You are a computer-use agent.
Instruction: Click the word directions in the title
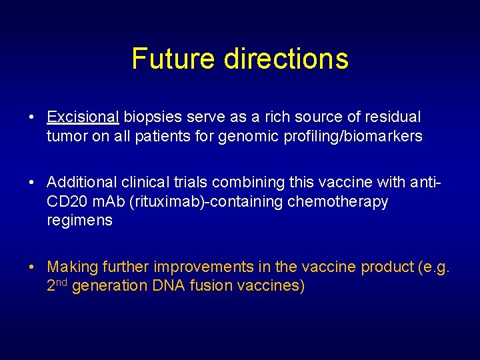click(286, 59)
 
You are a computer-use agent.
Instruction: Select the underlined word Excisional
click(83, 117)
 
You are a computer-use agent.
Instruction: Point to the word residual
click(391, 117)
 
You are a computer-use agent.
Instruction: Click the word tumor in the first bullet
click(65, 137)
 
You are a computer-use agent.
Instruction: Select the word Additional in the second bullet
click(79, 182)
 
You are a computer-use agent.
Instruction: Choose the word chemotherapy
click(338, 201)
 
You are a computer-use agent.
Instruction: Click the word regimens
click(79, 221)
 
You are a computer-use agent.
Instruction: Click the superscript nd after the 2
click(61, 283)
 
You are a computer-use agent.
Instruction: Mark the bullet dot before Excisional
click(32, 118)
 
